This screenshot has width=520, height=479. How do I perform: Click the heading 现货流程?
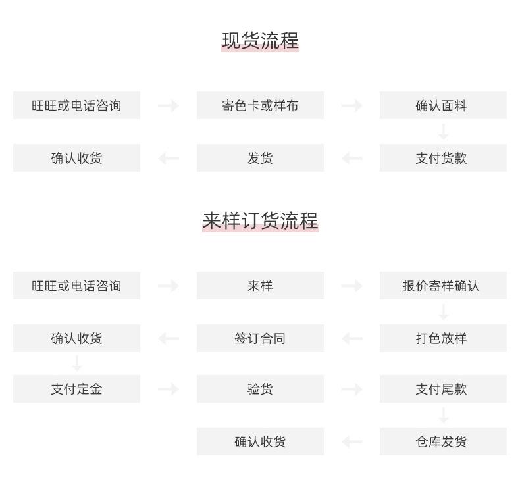click(x=260, y=41)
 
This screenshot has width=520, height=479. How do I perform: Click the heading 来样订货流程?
click(x=260, y=221)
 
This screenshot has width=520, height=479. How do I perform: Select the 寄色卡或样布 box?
click(x=260, y=105)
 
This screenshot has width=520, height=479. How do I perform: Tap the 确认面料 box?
click(x=443, y=105)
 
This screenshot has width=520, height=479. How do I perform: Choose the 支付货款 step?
click(x=443, y=158)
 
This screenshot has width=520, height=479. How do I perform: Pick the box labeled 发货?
click(x=260, y=158)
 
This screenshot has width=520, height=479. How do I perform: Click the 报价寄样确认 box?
click(x=443, y=286)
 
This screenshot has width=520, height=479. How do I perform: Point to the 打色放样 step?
click(x=443, y=338)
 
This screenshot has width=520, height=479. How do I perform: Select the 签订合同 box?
click(x=260, y=338)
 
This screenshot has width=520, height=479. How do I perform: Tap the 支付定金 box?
click(x=76, y=389)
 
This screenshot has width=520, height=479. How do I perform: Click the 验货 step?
click(x=260, y=389)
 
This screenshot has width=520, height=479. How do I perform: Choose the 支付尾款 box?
click(x=443, y=389)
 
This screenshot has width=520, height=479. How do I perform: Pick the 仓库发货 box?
click(x=443, y=441)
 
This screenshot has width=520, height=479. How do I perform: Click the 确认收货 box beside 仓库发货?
click(x=260, y=441)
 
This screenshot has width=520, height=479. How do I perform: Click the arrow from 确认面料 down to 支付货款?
click(x=444, y=132)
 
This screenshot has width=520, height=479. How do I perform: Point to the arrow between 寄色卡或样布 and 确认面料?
click(x=351, y=105)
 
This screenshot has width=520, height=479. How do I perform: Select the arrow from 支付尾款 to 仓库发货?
click(x=444, y=415)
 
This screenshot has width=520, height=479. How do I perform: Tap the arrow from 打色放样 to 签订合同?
click(x=352, y=338)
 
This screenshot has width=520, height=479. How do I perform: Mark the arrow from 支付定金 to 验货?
click(x=168, y=389)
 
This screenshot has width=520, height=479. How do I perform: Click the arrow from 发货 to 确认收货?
click(x=169, y=158)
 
